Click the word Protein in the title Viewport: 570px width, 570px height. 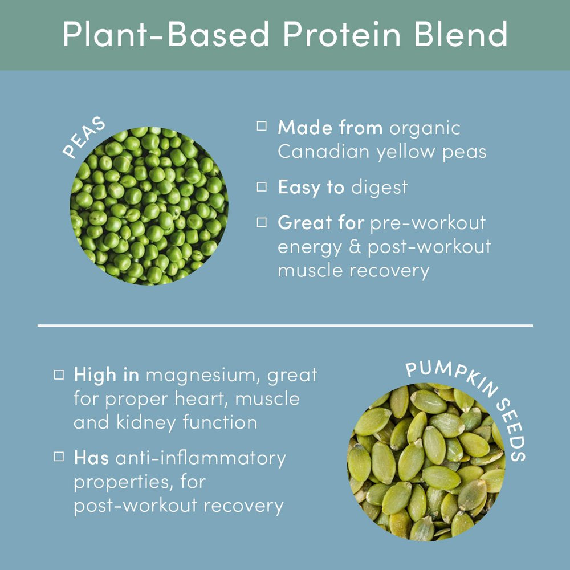coord(341,34)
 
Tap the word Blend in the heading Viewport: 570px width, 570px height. coord(461,34)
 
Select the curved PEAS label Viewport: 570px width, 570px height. coord(84,137)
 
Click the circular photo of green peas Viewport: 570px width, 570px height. coord(149,206)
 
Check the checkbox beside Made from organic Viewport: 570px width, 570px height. coord(262,126)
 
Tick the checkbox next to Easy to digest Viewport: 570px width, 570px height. coord(262,187)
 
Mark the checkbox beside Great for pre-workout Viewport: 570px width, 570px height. coord(262,222)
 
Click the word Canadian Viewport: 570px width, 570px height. coord(324,152)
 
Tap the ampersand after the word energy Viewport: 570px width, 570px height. coord(355,246)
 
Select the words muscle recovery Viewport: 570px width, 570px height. coord(353,271)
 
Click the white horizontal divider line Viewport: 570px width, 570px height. coord(285,325)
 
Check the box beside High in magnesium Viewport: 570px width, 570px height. coord(59,375)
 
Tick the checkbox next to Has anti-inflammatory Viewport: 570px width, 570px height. coord(59,456)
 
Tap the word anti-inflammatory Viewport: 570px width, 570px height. coord(201,458)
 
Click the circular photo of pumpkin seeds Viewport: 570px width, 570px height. coord(426,462)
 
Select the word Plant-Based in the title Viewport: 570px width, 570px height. coord(165,34)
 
